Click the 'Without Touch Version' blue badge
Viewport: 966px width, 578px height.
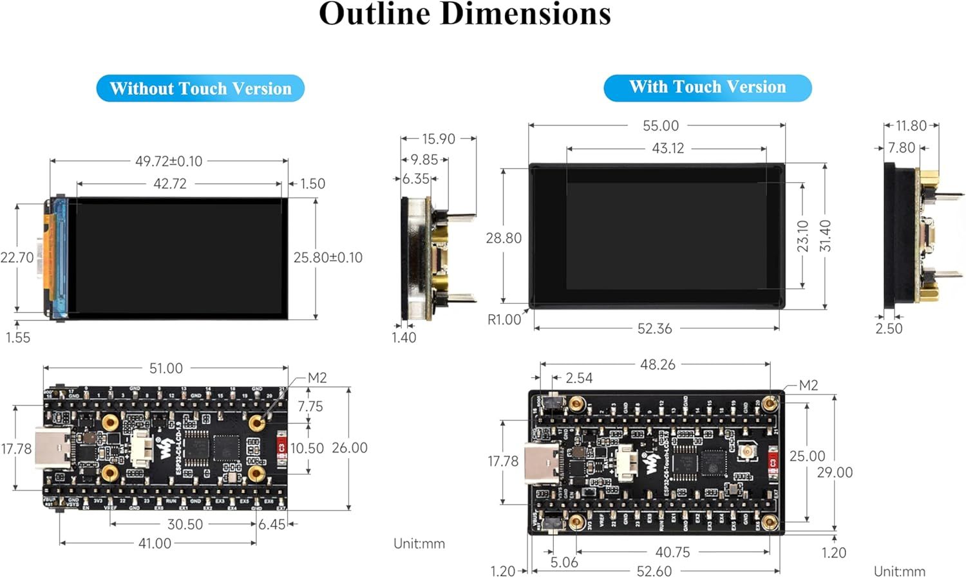coord(200,88)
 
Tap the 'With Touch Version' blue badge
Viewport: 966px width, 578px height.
coord(707,87)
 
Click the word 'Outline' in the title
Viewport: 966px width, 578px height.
coord(374,14)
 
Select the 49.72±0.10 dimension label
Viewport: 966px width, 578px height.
coord(169,161)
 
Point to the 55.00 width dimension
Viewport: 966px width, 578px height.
coord(661,126)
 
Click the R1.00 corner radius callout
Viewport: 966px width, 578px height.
coord(504,319)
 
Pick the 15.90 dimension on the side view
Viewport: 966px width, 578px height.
coord(439,138)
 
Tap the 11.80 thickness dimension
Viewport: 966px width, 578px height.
coord(911,126)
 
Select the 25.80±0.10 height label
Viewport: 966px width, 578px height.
coord(328,257)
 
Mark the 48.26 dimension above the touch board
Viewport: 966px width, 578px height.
coord(658,364)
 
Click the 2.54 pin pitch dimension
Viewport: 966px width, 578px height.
coord(579,378)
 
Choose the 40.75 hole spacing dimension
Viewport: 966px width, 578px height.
coord(672,552)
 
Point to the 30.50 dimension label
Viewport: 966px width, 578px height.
coord(185,524)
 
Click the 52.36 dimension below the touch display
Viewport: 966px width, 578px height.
coord(654,328)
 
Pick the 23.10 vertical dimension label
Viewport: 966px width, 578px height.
coord(802,236)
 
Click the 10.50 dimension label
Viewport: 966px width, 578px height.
coord(307,448)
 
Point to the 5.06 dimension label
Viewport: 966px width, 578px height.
coord(564,562)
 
